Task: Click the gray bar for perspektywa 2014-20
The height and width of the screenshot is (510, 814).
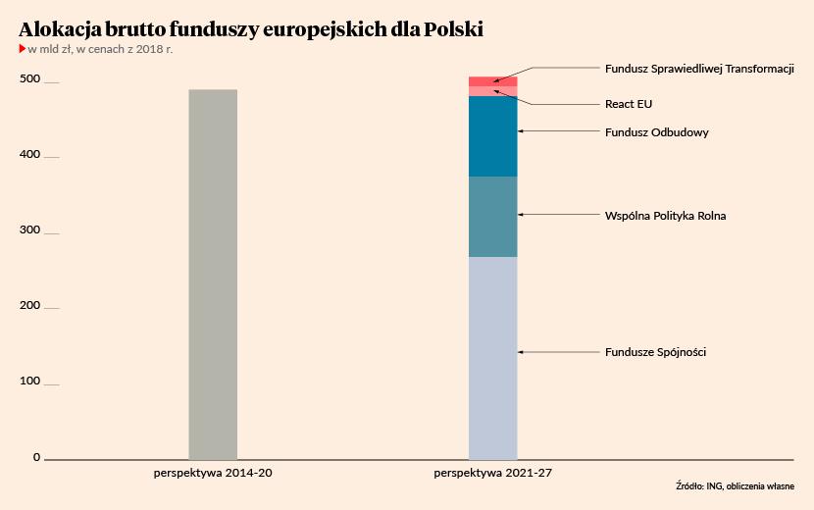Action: [213, 274]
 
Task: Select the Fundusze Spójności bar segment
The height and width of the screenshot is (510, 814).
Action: [492, 357]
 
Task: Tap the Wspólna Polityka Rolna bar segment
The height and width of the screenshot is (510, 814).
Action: [492, 217]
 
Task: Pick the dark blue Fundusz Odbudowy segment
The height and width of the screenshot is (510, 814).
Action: [492, 136]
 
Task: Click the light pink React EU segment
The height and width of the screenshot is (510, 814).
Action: [492, 91]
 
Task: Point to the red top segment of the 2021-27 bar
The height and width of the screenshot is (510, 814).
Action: [492, 81]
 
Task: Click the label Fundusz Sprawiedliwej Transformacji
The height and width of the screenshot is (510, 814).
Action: [698, 70]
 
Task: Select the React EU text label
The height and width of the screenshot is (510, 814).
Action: [628, 104]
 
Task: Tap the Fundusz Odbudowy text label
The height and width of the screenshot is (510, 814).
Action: [656, 132]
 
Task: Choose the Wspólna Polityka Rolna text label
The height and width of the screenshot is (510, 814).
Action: [665, 216]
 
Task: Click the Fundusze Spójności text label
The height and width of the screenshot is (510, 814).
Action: [655, 352]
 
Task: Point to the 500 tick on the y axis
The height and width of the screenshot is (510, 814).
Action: [31, 79]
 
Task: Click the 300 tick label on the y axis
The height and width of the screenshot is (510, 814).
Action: [31, 230]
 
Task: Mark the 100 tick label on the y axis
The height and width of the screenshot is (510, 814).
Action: [31, 382]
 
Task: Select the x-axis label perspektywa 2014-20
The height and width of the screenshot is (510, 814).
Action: [212, 473]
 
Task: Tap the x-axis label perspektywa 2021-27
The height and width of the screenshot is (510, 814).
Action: [492, 473]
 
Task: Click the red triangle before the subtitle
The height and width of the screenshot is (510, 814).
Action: [22, 48]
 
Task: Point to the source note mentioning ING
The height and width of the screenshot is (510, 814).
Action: [735, 486]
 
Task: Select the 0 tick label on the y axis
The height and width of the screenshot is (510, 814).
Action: [36, 457]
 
